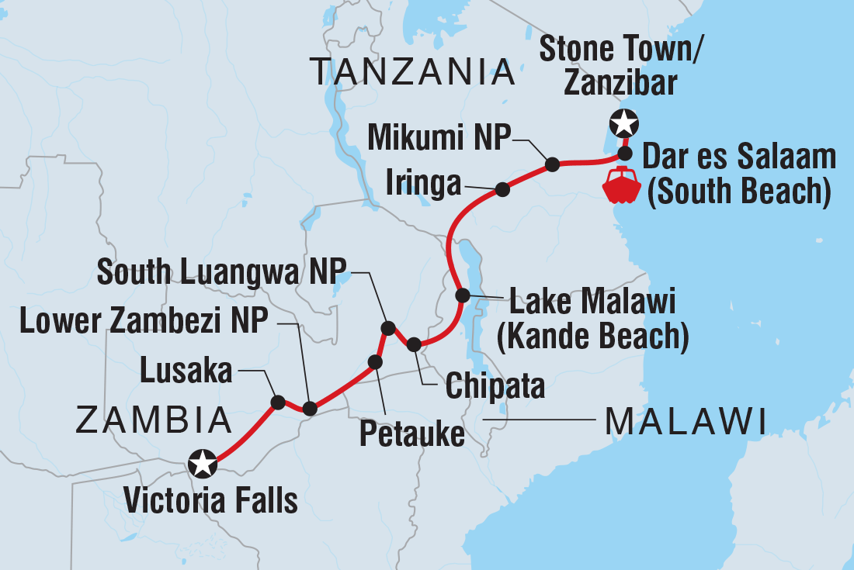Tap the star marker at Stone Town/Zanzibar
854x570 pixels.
click(x=624, y=123)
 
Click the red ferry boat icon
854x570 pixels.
click(x=622, y=184)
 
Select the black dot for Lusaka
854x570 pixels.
click(x=277, y=402)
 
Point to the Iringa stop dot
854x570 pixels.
click(x=502, y=188)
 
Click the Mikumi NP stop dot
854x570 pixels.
click(x=552, y=164)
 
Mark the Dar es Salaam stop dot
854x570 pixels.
click(x=625, y=152)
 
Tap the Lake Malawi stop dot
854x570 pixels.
click(x=462, y=295)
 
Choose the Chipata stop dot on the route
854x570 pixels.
click(x=414, y=344)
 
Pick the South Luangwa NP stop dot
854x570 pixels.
click(x=388, y=327)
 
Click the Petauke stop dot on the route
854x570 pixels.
click(x=375, y=361)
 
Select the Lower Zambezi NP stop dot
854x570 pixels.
click(x=309, y=409)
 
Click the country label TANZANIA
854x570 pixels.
click(x=412, y=72)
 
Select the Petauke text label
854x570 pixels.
click(x=411, y=434)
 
